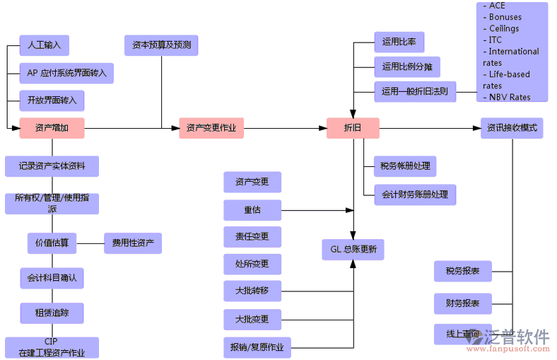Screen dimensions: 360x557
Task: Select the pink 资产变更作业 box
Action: pyautogui.click(x=211, y=128)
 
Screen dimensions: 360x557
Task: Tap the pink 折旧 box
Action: pyautogui.click(x=352, y=128)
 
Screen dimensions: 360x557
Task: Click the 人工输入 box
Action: pyautogui.click(x=44, y=45)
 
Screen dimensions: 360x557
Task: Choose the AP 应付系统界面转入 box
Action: pyautogui.click(x=66, y=73)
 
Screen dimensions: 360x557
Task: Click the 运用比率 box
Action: pyautogui.click(x=399, y=42)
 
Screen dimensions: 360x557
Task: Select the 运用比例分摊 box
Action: pyautogui.click(x=406, y=67)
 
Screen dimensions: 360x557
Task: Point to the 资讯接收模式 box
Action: pyautogui.click(x=512, y=128)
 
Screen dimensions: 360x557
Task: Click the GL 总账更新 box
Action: pyautogui.click(x=353, y=249)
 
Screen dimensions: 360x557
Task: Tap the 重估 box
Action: pyautogui.click(x=252, y=210)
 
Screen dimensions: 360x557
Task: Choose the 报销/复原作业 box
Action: pyautogui.click(x=257, y=347)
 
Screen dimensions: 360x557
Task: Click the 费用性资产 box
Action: pyautogui.click(x=133, y=243)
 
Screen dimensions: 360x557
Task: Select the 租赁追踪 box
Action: pyautogui.click(x=52, y=313)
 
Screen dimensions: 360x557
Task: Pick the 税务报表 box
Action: pyautogui.click(x=462, y=271)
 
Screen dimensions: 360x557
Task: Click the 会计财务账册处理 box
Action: pyautogui.click(x=415, y=194)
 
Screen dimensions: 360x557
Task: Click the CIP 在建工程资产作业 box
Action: pyautogui.click(x=51, y=347)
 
